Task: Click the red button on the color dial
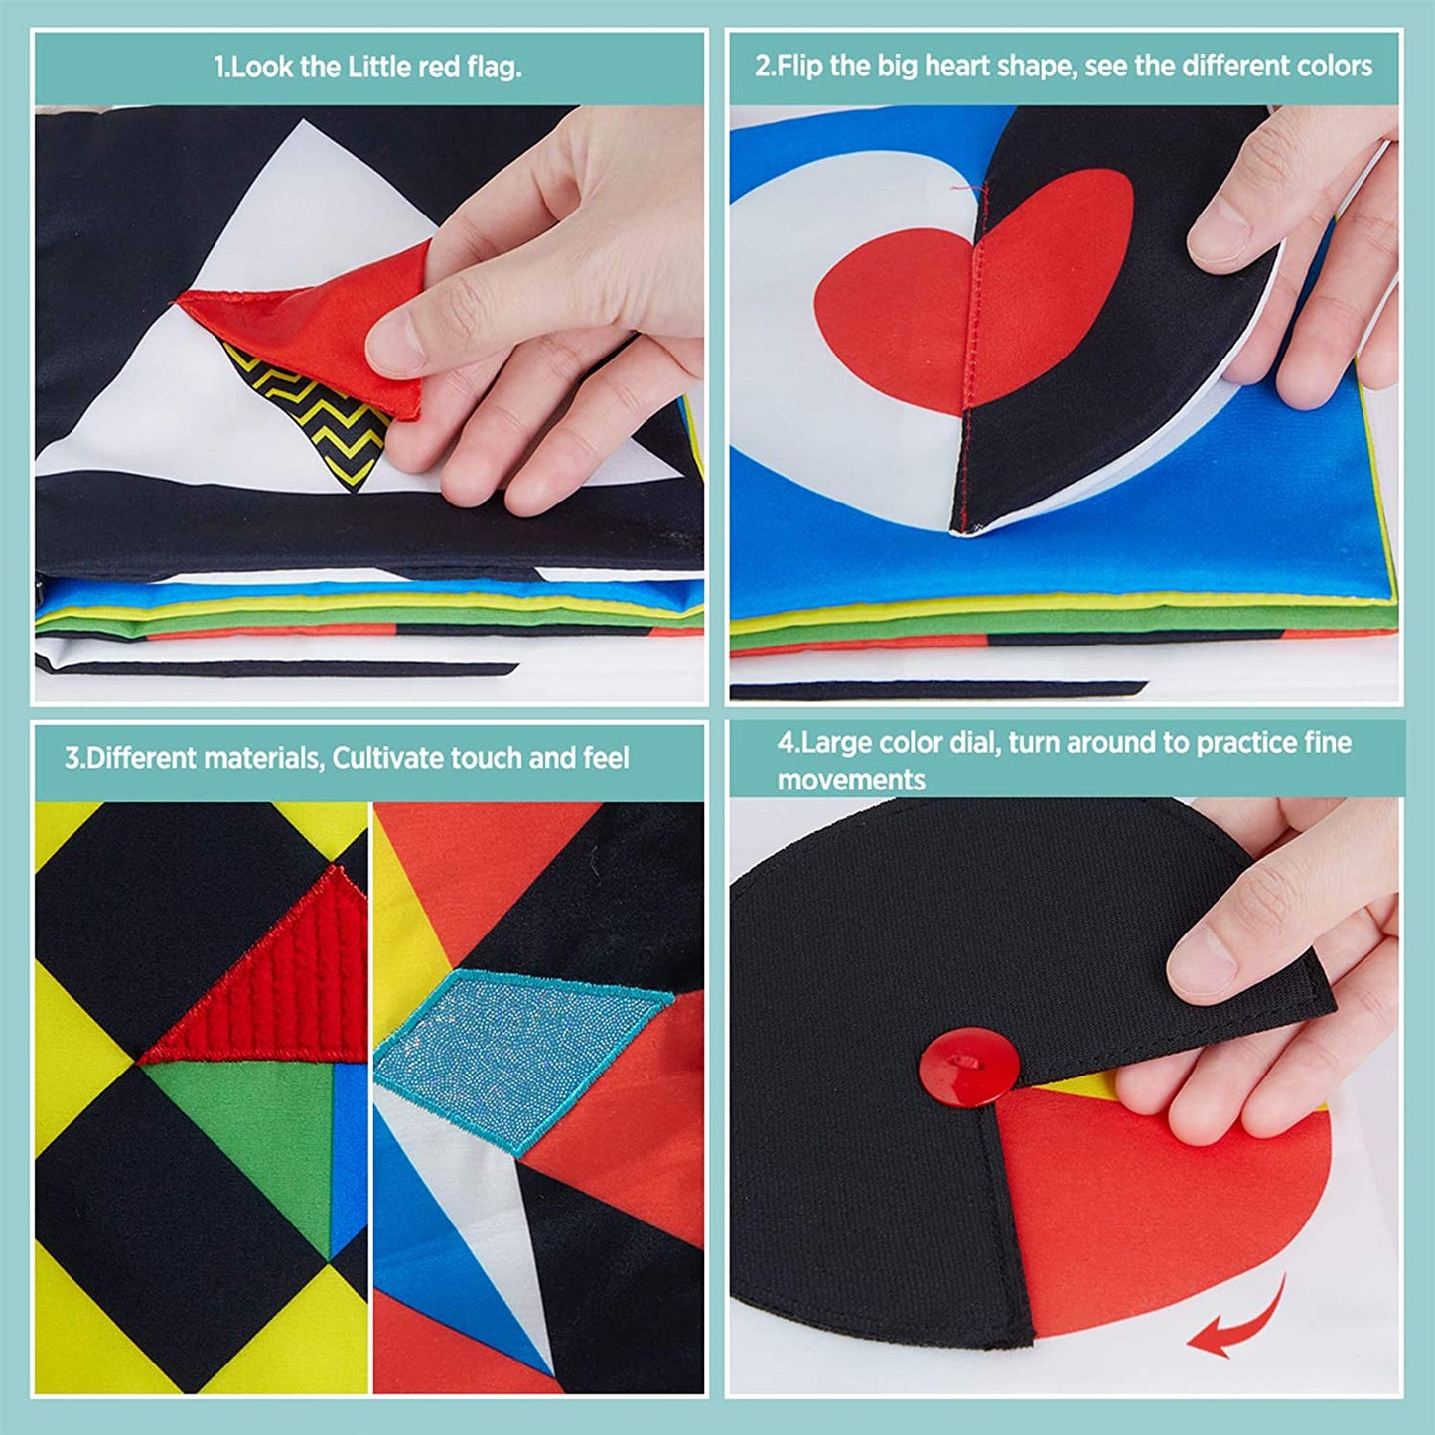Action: point(968,1068)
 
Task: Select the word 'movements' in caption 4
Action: point(851,781)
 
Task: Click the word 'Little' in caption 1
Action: point(380,68)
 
